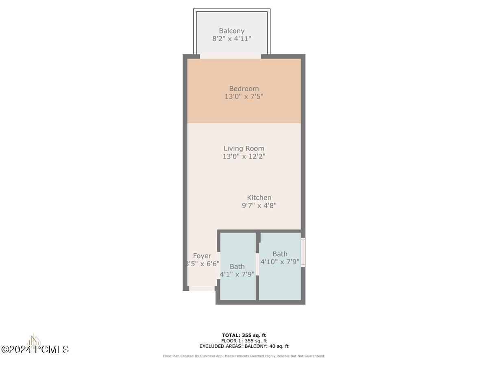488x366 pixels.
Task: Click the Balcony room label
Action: coord(231,31)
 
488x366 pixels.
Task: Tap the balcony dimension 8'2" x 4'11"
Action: coord(231,39)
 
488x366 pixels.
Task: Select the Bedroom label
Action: coord(244,89)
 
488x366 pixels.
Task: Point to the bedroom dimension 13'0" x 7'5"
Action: coord(244,97)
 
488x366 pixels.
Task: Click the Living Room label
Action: coord(244,148)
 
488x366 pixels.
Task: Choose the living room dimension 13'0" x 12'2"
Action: coord(244,157)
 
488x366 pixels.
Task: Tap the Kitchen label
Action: coord(259,198)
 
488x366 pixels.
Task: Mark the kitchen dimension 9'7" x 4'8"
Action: coord(259,206)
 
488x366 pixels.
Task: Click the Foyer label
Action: coord(202,256)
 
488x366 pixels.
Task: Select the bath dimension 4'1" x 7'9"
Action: coord(237,274)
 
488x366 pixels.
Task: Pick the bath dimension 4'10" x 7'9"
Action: coord(280,262)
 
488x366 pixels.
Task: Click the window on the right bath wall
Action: coord(303,252)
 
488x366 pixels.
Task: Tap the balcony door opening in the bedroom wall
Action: coord(230,57)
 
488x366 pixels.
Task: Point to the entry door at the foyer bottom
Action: coord(202,289)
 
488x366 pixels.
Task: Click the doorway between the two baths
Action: coord(257,264)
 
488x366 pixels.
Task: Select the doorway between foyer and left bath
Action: coord(218,265)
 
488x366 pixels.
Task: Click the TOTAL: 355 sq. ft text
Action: coord(244,335)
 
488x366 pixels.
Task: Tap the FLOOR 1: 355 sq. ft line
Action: coord(244,341)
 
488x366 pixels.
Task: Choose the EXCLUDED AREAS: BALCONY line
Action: coord(244,346)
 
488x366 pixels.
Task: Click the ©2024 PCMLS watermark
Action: coord(35,349)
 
